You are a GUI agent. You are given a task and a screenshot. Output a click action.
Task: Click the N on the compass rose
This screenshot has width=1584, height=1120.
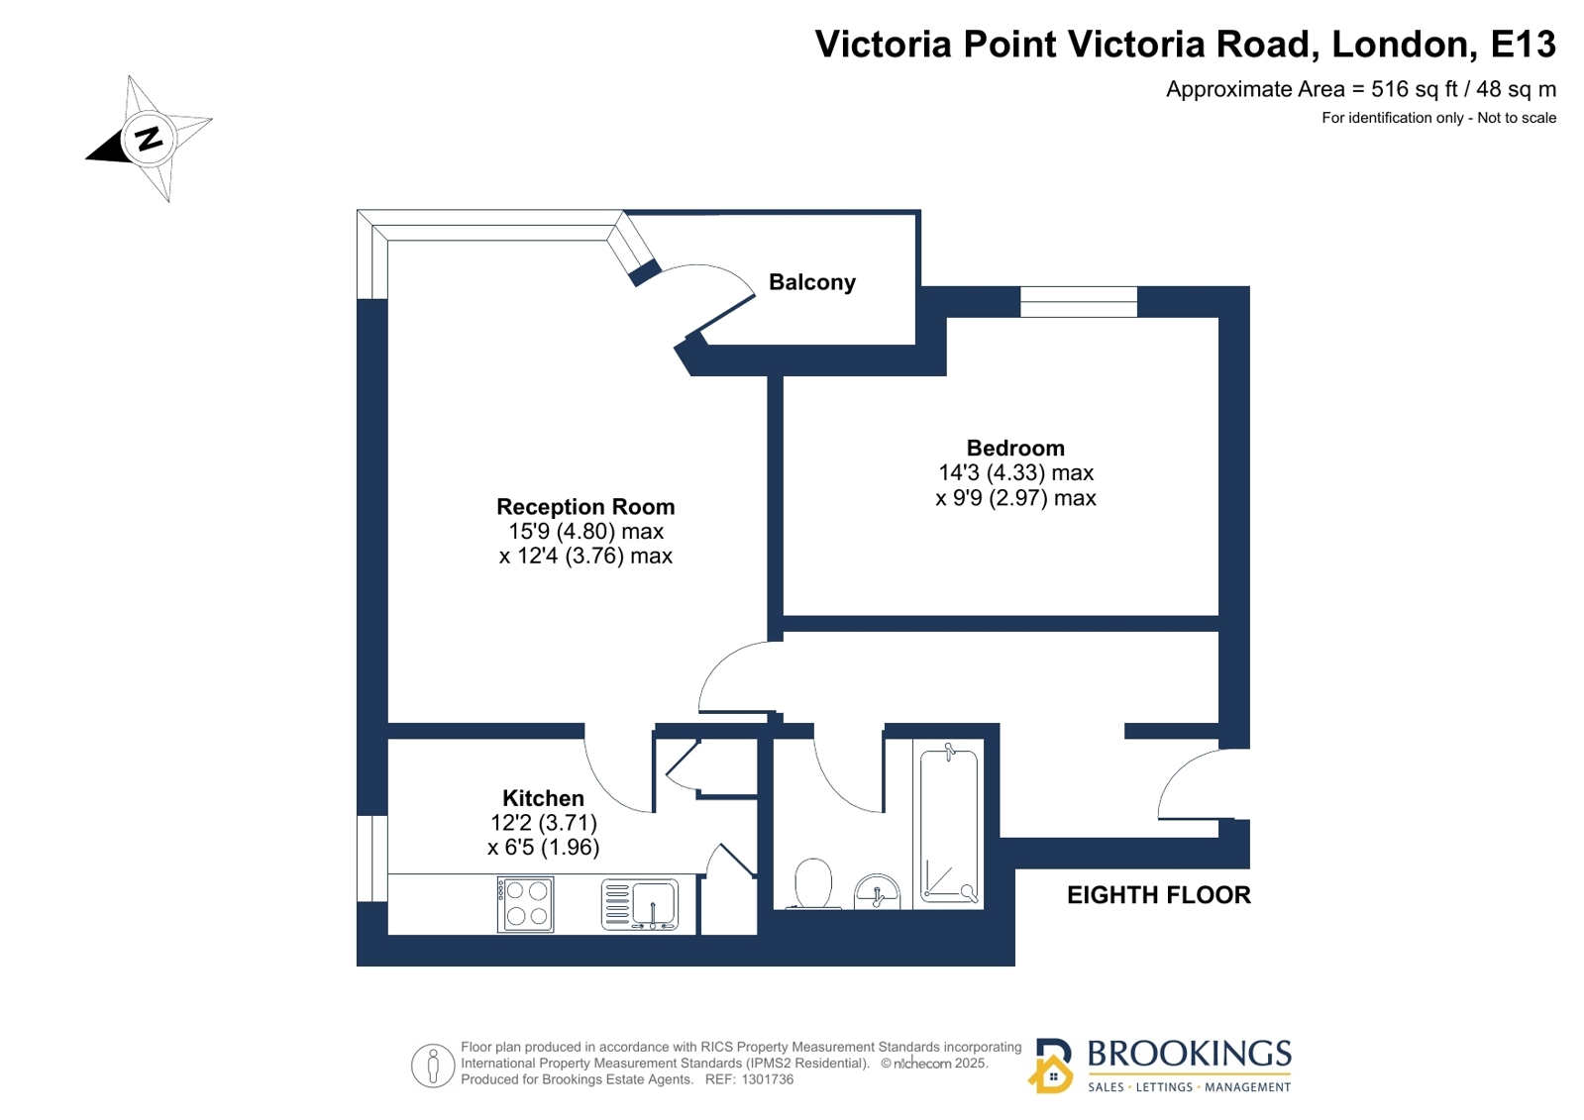point(150,138)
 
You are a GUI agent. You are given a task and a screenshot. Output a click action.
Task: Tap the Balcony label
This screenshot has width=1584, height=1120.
point(811,282)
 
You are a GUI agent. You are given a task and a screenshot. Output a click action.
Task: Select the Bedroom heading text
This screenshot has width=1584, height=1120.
point(1015,448)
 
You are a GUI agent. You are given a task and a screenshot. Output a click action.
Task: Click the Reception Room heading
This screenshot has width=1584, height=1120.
point(585,506)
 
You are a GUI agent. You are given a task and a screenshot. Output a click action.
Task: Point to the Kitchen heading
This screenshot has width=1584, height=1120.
point(543,798)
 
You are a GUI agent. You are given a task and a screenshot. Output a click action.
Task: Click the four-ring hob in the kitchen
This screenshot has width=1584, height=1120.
point(525,904)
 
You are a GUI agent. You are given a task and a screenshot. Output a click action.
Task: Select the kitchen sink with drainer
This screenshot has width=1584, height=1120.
point(639,904)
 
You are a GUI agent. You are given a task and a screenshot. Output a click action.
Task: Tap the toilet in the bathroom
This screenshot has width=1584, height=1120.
point(813,883)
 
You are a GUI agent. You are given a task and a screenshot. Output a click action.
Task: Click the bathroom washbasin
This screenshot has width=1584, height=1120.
point(877,891)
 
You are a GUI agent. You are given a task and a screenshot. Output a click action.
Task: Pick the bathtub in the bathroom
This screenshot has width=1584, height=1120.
point(948,825)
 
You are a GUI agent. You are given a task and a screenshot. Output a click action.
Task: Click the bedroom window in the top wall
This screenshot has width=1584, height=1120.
point(1079,301)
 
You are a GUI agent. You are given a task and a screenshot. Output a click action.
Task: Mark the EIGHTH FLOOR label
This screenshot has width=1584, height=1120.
point(1159,895)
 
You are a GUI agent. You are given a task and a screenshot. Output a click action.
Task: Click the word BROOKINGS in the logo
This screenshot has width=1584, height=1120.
point(1190,1054)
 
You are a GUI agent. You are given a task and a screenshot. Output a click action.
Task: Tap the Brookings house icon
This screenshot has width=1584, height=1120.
point(1051,1066)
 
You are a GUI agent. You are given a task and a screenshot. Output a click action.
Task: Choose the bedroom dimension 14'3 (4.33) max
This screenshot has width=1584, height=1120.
point(1016,472)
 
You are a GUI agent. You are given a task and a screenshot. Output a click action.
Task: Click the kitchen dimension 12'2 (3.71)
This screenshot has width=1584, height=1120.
point(544,823)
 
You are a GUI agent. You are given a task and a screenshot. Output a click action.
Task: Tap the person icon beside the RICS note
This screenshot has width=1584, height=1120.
point(433,1066)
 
